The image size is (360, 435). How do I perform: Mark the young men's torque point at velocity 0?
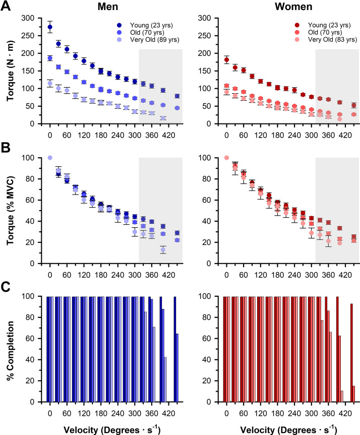(50, 27)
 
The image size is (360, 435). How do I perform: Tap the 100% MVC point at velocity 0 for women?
(226, 158)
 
